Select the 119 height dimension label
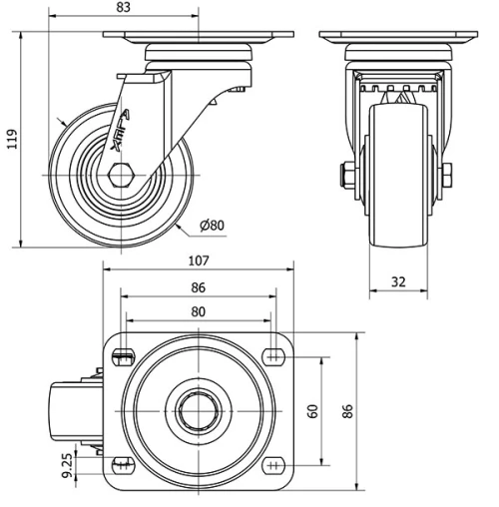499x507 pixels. point(11,138)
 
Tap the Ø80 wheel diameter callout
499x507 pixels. point(212,225)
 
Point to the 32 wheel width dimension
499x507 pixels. point(398,281)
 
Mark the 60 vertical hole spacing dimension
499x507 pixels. point(313,410)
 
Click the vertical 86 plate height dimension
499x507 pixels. point(347,410)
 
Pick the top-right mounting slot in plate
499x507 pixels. point(272,357)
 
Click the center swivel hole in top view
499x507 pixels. point(198,410)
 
